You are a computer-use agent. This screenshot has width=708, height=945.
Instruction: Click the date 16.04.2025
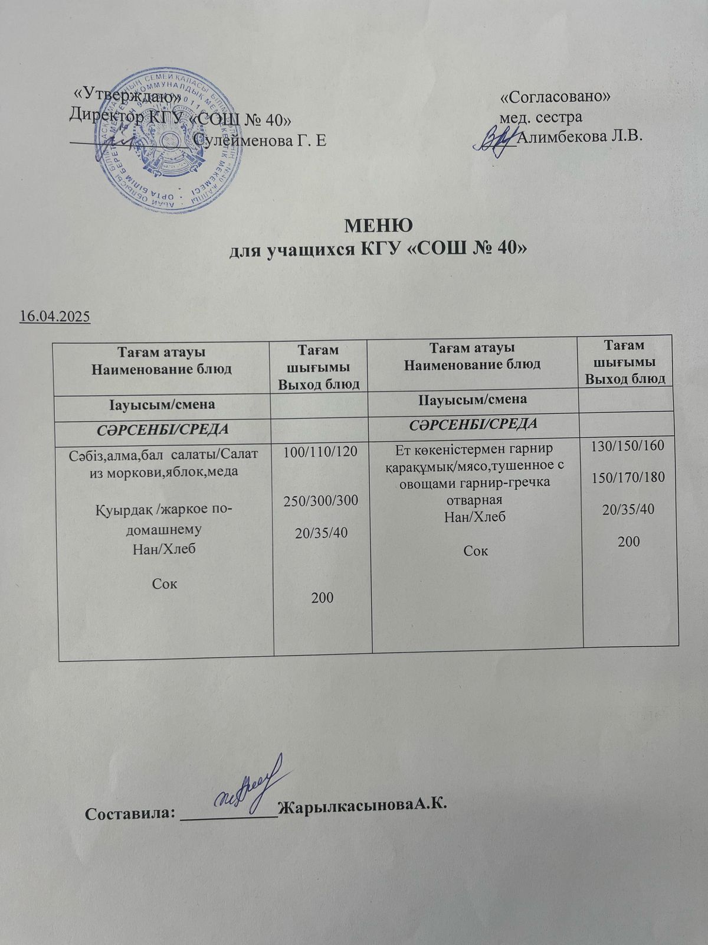pyautogui.click(x=54, y=317)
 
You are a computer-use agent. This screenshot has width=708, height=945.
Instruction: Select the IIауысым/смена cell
pyautogui.click(x=472, y=399)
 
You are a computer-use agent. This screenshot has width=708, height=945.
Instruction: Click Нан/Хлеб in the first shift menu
pyautogui.click(x=165, y=549)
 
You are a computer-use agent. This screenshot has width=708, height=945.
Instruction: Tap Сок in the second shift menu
pyautogui.click(x=476, y=551)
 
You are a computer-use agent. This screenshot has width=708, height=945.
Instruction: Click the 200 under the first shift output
pyautogui.click(x=323, y=598)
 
